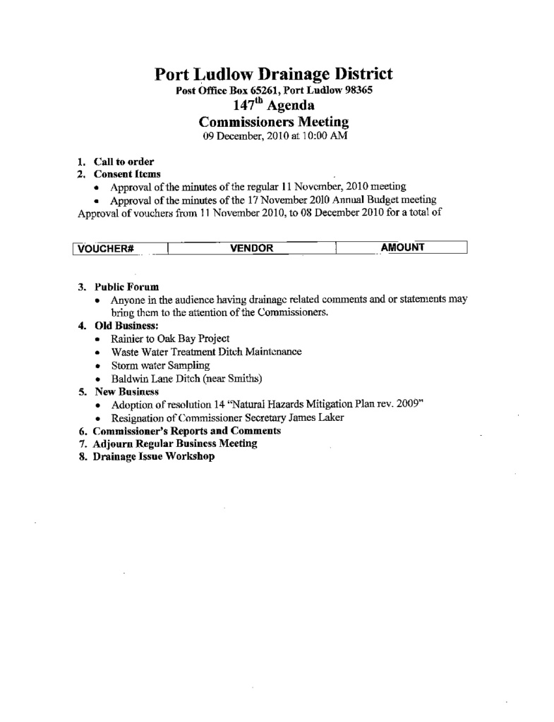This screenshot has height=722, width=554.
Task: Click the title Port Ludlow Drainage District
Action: (274, 74)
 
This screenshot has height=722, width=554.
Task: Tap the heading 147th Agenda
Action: (274, 106)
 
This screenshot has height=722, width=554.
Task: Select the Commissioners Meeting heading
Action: (274, 122)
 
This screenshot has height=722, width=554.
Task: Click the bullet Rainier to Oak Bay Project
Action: (170, 338)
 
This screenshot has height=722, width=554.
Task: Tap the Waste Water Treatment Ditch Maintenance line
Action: (206, 351)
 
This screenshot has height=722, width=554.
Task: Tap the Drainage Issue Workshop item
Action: (154, 456)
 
